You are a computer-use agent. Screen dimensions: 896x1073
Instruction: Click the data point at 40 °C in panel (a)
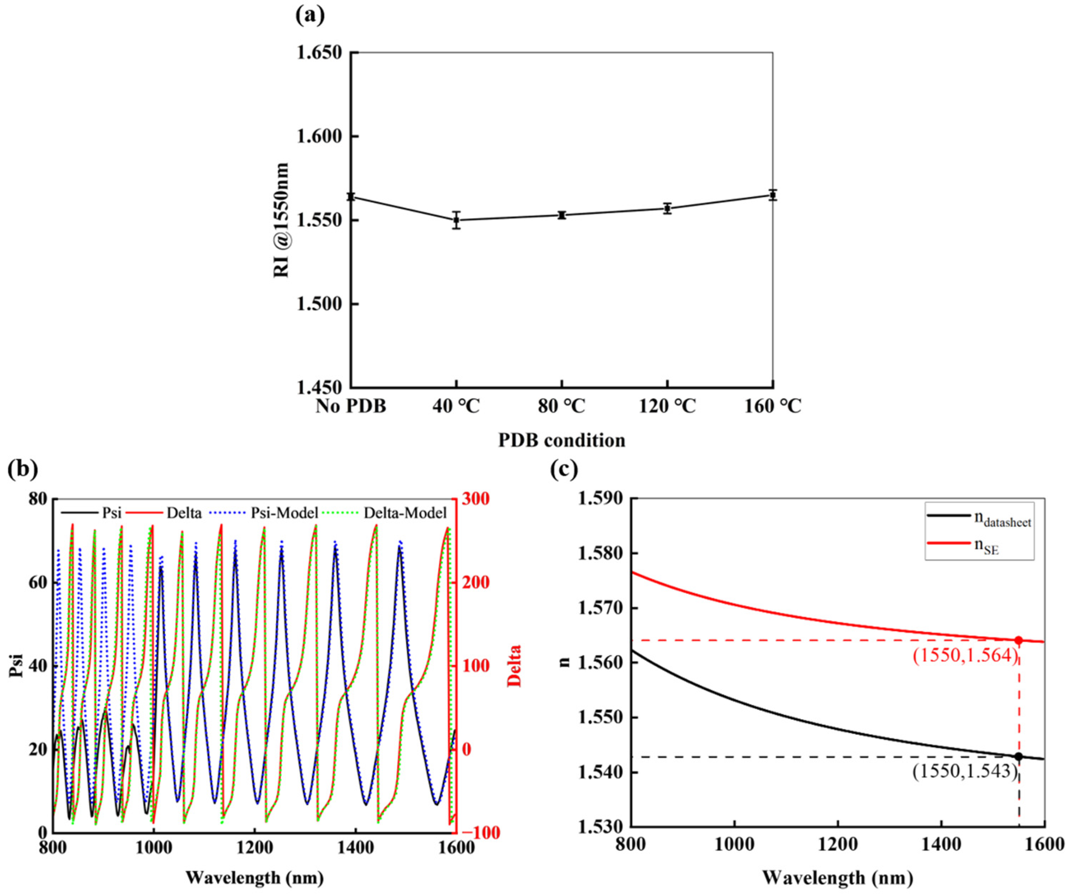pyautogui.click(x=456, y=220)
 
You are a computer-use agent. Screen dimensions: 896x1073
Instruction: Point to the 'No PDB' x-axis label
pyautogui.click(x=350, y=406)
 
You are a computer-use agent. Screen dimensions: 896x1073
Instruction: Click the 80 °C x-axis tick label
pyautogui.click(x=562, y=406)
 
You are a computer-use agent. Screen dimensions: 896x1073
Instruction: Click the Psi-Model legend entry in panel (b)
pyautogui.click(x=284, y=513)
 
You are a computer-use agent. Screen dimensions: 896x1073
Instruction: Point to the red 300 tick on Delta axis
pyautogui.click(x=475, y=499)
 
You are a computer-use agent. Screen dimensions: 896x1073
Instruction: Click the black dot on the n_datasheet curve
pyautogui.click(x=1018, y=756)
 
